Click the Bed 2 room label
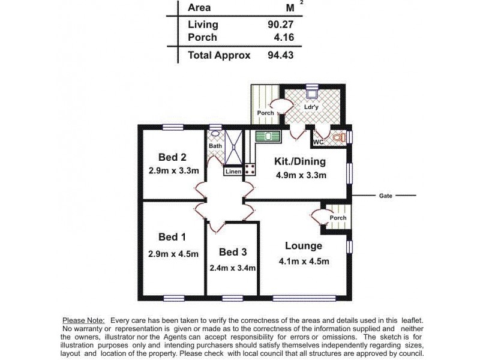coord(172,157)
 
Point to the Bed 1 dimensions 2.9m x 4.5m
coord(173,254)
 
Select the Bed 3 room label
coord(232,251)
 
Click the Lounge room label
coord(304,246)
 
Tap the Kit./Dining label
coord(300,161)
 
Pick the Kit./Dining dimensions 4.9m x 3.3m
coord(301,176)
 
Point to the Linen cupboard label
coord(233,172)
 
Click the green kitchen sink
coord(268,136)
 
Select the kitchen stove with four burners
coord(250,170)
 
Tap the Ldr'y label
coord(311,108)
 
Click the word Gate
coord(386,196)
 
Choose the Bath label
coord(215,146)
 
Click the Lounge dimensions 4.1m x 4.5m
coord(304,261)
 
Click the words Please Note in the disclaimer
coord(83,320)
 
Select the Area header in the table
coord(199,8)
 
